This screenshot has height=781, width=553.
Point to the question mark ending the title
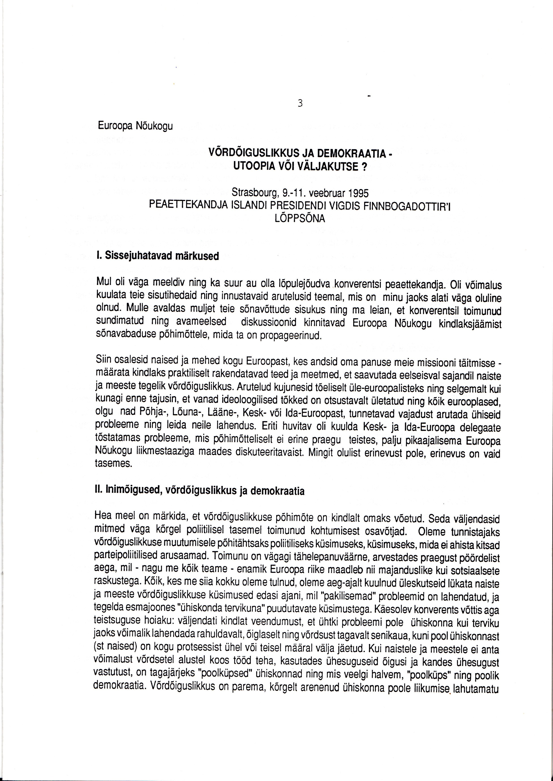pos(363,168)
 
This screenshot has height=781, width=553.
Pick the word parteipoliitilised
pos(130,557)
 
